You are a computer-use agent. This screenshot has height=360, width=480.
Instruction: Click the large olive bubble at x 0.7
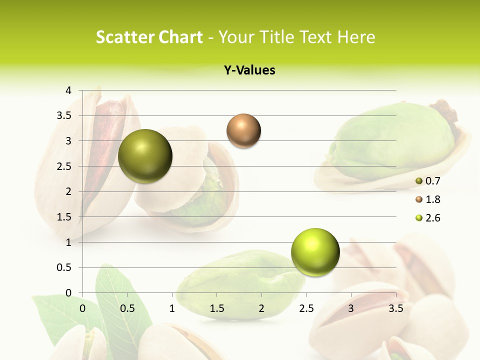point(145,156)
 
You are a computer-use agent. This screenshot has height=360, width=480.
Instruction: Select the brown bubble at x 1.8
point(243,131)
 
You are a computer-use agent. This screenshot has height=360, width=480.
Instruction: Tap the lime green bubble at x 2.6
point(315,252)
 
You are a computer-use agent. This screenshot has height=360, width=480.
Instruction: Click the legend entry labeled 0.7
point(427,181)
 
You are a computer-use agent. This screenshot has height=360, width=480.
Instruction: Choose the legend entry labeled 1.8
point(427,199)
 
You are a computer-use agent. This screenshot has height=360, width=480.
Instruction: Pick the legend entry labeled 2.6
point(427,218)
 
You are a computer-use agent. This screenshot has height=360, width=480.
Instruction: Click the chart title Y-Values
point(249,70)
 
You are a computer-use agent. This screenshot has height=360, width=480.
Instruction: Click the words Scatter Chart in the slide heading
point(149,37)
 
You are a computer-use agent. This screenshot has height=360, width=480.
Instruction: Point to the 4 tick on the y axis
point(68,90)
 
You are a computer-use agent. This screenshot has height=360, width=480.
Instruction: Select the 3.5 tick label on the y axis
point(64,115)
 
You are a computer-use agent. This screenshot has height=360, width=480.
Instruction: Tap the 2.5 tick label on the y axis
point(64,166)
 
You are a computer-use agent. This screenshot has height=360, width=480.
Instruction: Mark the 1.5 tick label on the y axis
point(64,217)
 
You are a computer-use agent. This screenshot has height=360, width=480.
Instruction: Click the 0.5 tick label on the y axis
point(64,267)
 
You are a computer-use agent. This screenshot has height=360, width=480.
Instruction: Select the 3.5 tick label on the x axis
point(396,308)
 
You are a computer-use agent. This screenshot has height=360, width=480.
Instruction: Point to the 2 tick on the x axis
point(261,308)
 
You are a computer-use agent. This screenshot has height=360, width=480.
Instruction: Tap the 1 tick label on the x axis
point(172,308)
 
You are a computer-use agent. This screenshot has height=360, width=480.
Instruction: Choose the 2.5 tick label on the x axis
point(306,308)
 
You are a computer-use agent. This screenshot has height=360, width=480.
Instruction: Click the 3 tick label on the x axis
point(351,308)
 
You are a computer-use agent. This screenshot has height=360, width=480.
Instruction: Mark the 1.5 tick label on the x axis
point(216,308)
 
